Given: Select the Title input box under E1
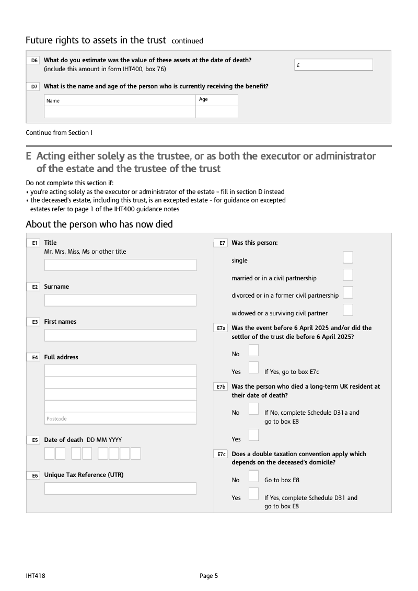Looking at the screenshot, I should pos(120,265).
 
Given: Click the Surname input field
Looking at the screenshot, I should pos(120,300).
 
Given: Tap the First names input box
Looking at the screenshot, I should pos(120,335).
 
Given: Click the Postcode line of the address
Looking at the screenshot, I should pos(120,418).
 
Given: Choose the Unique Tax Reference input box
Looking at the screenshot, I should pos(120,488).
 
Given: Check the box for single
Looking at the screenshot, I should pos(348,257).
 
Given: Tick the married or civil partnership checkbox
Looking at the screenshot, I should pos(348,275).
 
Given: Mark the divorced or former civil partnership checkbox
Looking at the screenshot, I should pos(348,292).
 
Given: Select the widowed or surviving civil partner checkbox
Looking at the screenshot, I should pos(348,310).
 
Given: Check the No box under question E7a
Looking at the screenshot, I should pos(253,350).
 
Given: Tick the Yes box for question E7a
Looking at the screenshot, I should pos(253,368).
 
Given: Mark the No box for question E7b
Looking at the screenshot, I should pos(253,408).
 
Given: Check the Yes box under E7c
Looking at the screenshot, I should pos(253,493).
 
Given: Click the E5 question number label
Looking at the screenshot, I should pos(34,440).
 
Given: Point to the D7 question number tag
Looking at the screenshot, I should pos(34,87).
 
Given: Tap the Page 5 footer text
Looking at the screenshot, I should pos(208,576).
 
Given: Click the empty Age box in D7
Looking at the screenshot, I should pos(217,112).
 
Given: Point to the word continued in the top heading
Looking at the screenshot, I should pos(187,41).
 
